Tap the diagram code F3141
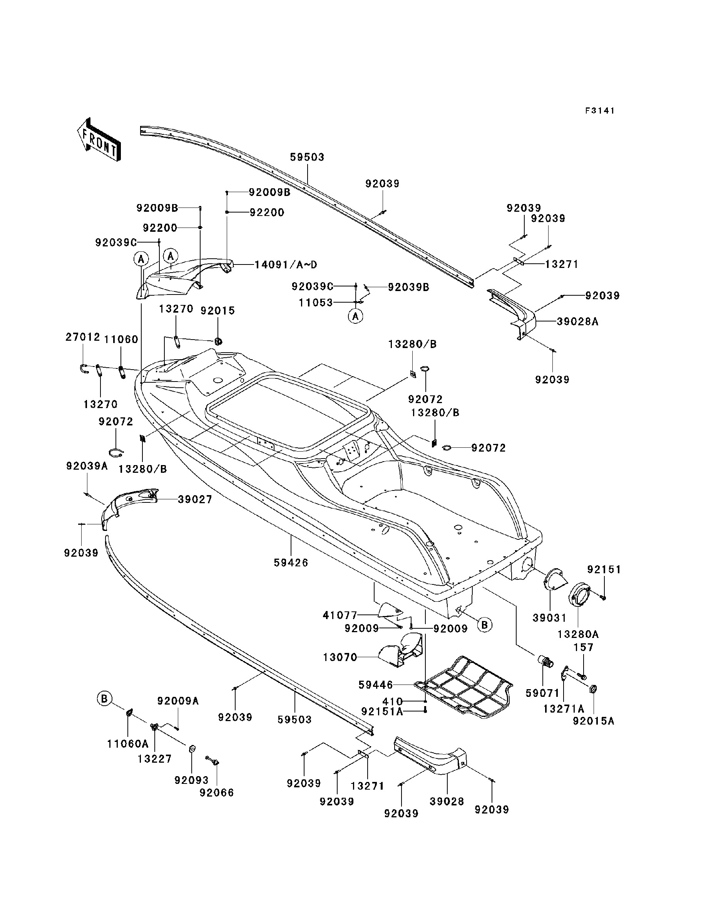click(600, 110)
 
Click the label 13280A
click(578, 634)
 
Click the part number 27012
click(83, 337)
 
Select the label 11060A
click(128, 744)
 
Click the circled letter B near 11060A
click(104, 699)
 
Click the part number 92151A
click(382, 711)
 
